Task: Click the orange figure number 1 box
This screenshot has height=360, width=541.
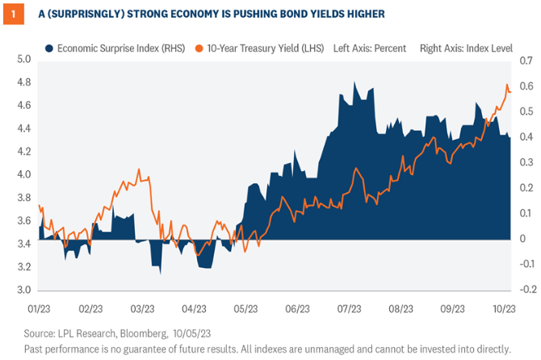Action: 10,14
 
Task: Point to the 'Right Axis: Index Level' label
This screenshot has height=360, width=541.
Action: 465,48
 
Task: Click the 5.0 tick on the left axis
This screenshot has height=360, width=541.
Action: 23,60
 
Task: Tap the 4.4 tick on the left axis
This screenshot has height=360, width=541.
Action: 23,128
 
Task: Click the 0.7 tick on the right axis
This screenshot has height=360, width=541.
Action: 526,60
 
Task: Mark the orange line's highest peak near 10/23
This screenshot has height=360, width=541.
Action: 507,85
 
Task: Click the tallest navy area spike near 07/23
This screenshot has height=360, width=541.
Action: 354,82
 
